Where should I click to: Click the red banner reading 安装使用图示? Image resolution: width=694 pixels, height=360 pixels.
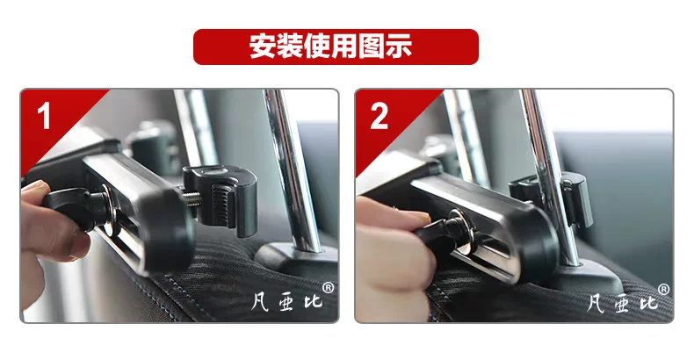(336, 47)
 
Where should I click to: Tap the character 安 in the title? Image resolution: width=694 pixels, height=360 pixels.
(263, 46)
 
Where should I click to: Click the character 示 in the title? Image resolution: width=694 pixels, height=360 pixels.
(398, 46)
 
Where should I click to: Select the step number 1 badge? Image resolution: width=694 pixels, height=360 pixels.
(44, 116)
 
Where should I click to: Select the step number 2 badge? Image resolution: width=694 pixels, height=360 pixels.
(379, 116)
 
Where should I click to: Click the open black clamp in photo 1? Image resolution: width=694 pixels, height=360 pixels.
(221, 198)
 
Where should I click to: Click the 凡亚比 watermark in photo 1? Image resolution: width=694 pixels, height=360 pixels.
(286, 302)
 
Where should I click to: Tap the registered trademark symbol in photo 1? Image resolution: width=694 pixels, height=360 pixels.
(328, 288)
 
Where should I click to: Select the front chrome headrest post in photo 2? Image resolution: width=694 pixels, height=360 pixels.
(549, 176)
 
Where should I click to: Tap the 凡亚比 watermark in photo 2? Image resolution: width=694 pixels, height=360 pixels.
(623, 303)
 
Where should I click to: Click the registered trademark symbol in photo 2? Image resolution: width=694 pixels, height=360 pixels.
(663, 290)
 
